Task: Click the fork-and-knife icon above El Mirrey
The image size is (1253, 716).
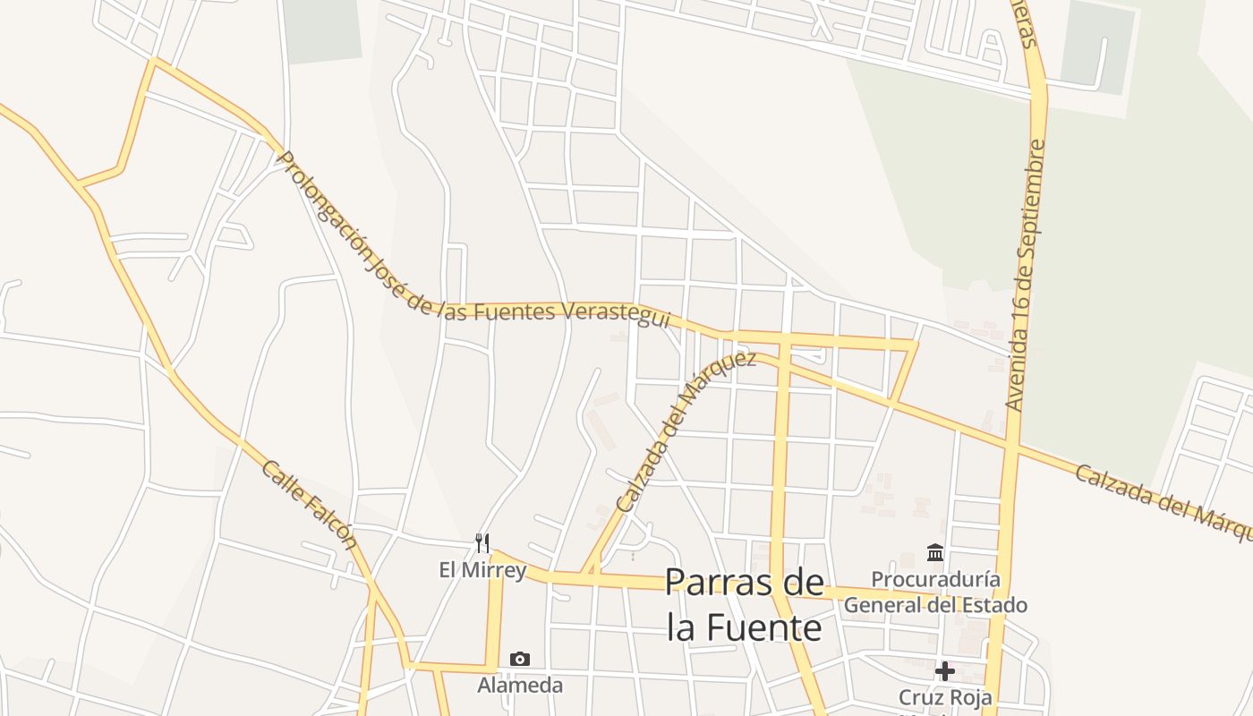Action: coord(482,543)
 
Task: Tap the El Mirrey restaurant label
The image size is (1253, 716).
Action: coord(482,569)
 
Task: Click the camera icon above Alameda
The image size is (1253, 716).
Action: coord(520,660)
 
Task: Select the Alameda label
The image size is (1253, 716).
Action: coord(520,686)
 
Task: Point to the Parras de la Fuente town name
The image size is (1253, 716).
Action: coord(745,604)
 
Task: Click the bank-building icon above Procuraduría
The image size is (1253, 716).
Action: coord(935,552)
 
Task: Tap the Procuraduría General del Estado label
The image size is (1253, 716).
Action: coord(935,592)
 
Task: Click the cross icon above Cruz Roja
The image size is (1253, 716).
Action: coord(944,670)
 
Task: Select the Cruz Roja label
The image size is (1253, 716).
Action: coord(944,696)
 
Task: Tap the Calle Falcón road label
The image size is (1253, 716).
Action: coord(310,506)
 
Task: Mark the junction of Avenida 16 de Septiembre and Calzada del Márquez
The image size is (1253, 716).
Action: coord(1012,443)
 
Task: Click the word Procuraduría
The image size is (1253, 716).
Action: coord(935,579)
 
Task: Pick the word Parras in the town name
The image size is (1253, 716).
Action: coord(718,583)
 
